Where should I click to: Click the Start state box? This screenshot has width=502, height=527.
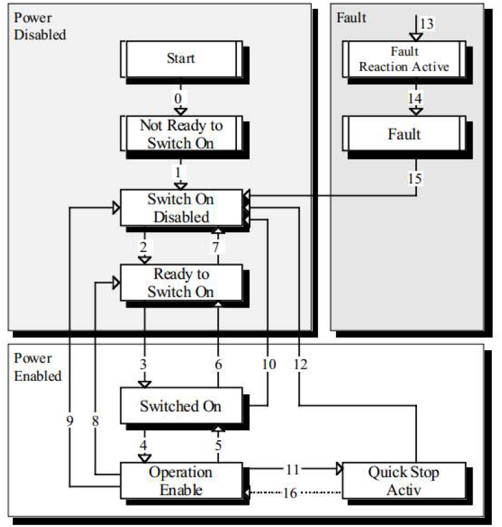click(x=181, y=59)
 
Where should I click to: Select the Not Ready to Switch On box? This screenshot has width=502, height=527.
click(x=181, y=134)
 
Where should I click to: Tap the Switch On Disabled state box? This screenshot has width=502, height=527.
click(x=181, y=208)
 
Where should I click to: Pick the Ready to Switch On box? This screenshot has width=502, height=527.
click(x=181, y=283)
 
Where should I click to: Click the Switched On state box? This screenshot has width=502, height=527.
click(x=181, y=406)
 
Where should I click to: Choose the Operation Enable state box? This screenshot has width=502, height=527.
click(x=181, y=481)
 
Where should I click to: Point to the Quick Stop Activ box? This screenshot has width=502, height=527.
click(x=404, y=481)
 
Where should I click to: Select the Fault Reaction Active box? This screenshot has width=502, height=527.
click(x=404, y=59)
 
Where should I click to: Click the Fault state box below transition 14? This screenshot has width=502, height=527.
click(x=404, y=134)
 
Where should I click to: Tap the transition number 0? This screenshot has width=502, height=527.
click(x=178, y=98)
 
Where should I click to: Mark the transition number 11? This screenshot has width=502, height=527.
click(x=292, y=470)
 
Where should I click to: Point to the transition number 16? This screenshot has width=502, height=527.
click(x=291, y=492)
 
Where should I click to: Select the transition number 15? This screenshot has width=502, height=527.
click(x=416, y=179)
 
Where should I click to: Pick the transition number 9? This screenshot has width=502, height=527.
click(x=70, y=420)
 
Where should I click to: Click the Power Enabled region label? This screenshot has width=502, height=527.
click(x=38, y=367)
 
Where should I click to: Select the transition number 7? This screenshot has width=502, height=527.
click(x=218, y=246)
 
